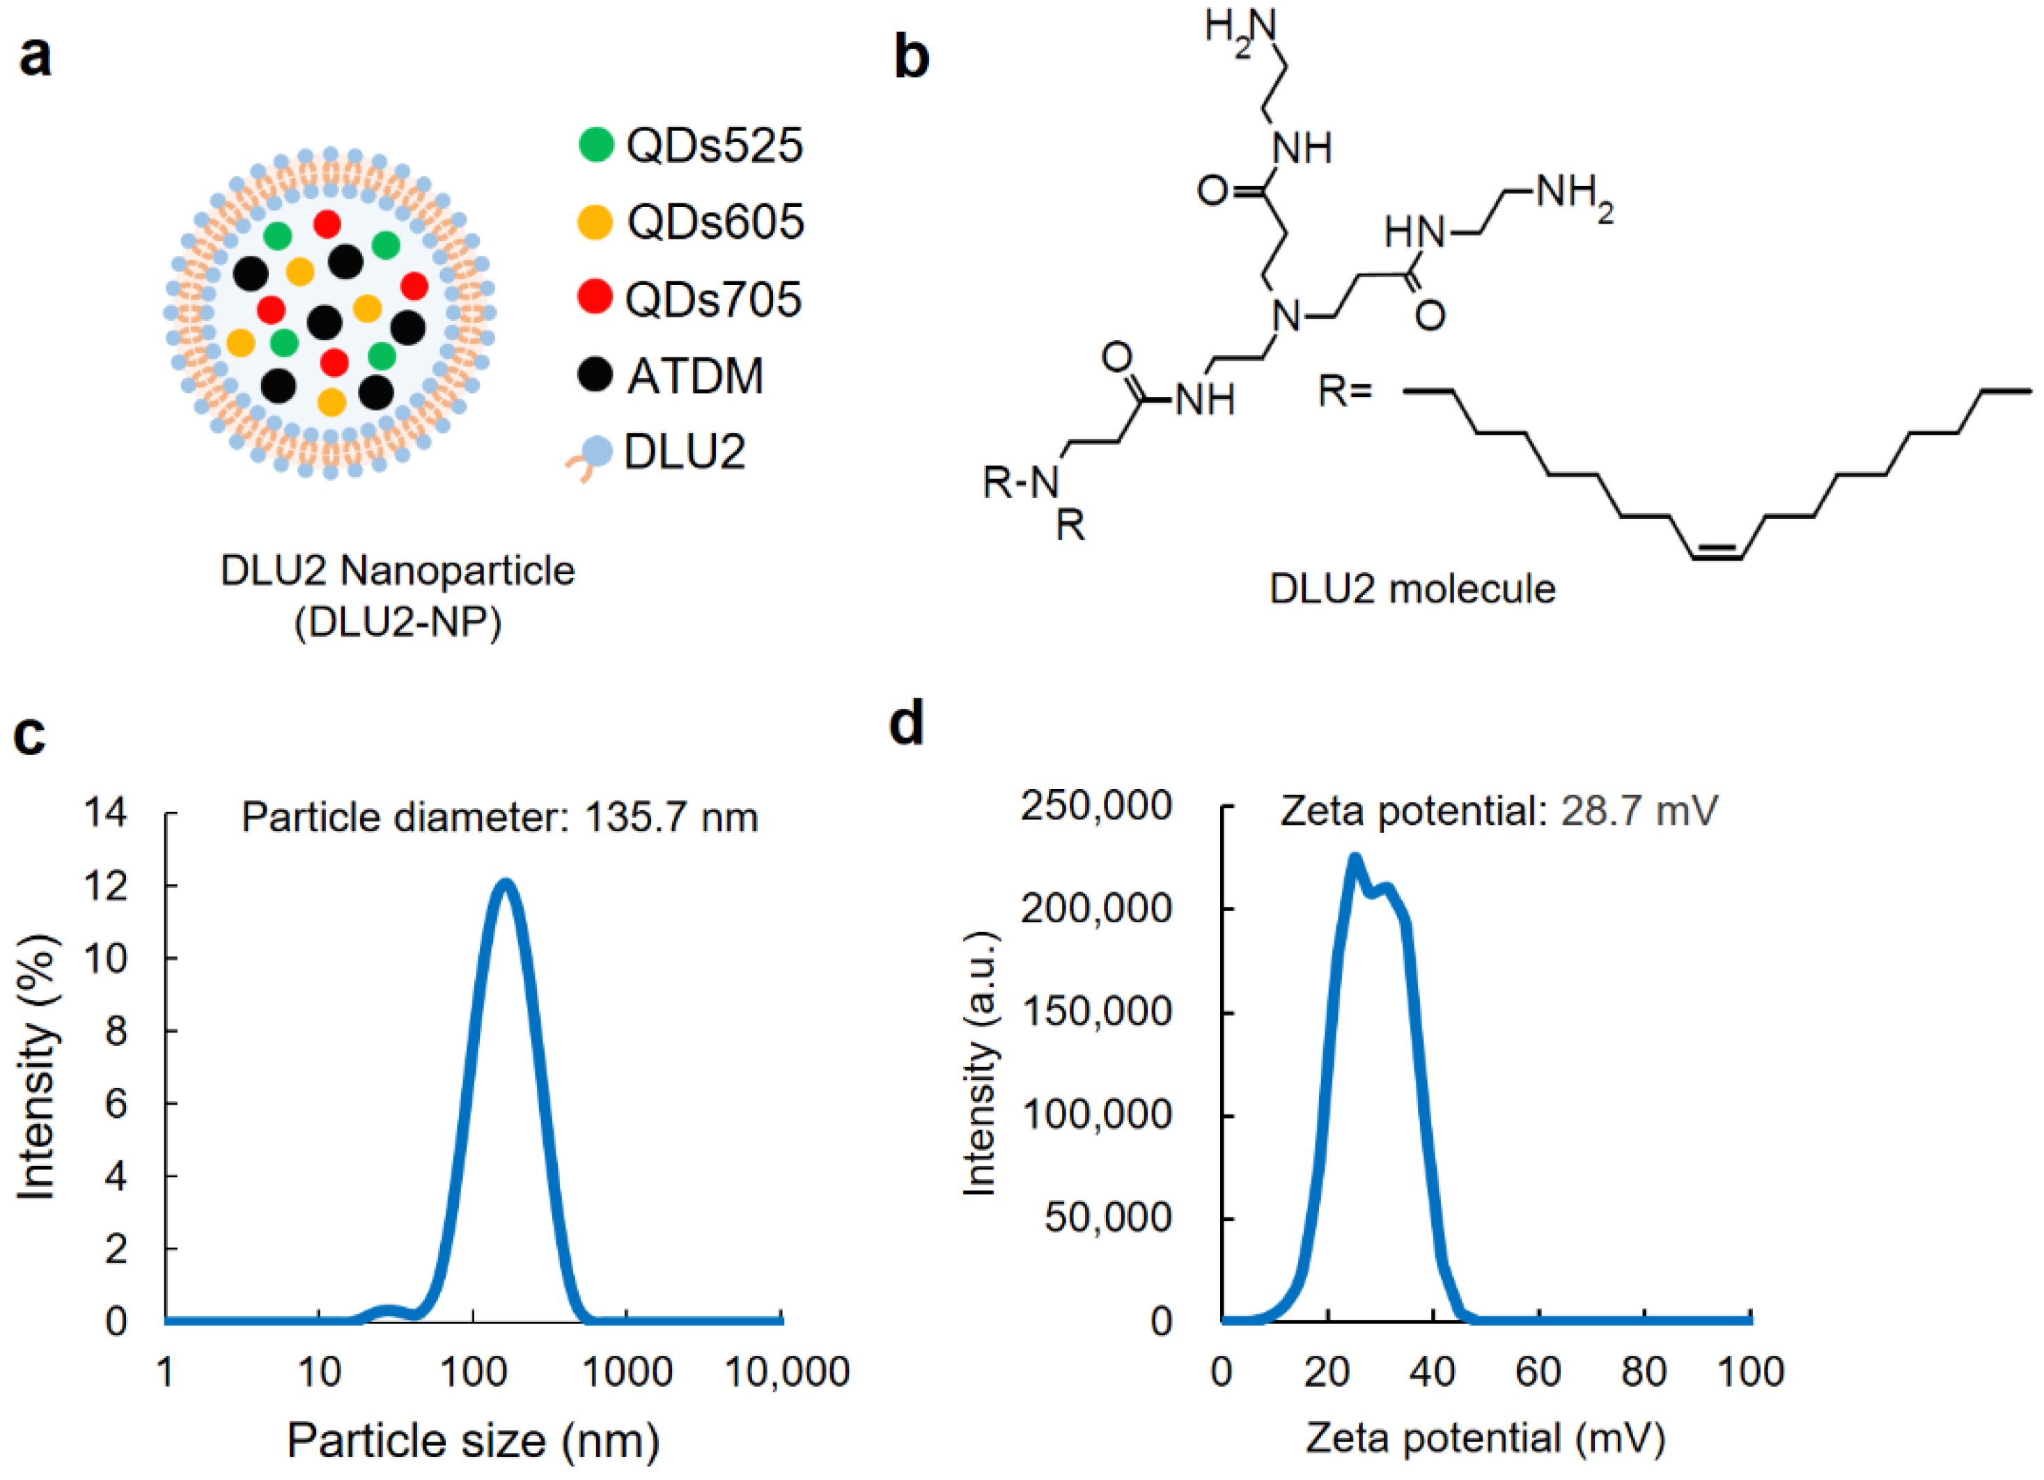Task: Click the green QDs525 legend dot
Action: click(x=595, y=144)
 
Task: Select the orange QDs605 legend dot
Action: click(x=595, y=221)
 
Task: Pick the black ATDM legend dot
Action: click(x=595, y=374)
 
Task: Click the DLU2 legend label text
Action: click(x=685, y=453)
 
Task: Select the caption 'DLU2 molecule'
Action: click(x=1412, y=589)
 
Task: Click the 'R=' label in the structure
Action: click(x=1345, y=391)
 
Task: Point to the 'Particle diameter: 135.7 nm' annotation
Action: click(x=499, y=818)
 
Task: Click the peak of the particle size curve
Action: click(x=506, y=882)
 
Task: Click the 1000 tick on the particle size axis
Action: click(x=627, y=1373)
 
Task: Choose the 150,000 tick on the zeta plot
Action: click(x=1096, y=1011)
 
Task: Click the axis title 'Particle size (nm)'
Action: click(x=473, y=1440)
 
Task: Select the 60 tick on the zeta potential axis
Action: click(x=1538, y=1372)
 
